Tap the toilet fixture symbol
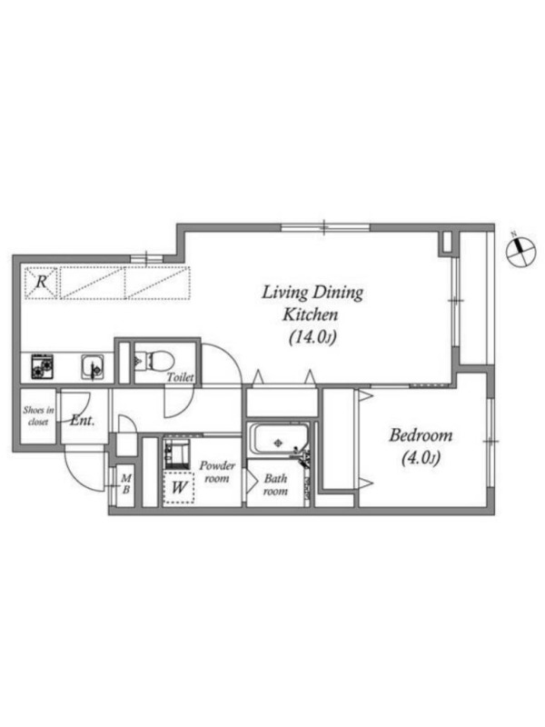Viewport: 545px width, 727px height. coord(154,360)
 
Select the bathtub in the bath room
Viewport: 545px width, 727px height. coord(276,438)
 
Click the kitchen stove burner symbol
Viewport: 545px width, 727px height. coord(42,366)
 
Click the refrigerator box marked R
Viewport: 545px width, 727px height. coord(41,282)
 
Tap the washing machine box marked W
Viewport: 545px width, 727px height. coord(179,487)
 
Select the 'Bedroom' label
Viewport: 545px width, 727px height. coord(421,435)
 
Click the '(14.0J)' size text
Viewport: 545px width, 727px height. coord(312,337)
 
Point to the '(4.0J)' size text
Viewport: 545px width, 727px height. coord(420,458)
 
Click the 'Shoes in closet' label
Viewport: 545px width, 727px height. coord(38,416)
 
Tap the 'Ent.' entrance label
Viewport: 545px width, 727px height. coord(83,421)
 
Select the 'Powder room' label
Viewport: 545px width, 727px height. coord(217,472)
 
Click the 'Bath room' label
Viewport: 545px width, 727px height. coord(275,484)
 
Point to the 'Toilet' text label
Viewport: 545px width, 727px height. coord(180,377)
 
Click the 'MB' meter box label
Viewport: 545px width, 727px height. coord(126,483)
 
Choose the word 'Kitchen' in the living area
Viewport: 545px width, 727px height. coord(310,314)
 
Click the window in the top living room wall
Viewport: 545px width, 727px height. coord(326,227)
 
